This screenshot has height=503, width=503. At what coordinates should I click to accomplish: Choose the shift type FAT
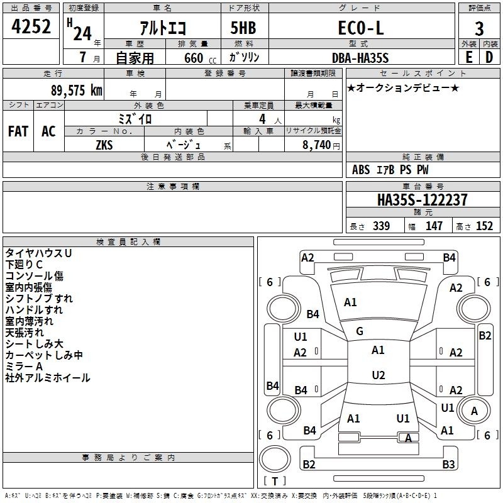click(18, 131)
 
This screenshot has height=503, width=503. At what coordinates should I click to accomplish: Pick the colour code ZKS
click(104, 145)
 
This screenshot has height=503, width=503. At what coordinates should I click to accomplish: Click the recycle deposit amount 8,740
click(317, 145)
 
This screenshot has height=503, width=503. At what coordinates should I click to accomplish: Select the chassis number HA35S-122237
click(422, 200)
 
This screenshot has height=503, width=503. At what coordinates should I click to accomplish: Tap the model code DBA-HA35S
click(360, 58)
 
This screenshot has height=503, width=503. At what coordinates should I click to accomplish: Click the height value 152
click(484, 226)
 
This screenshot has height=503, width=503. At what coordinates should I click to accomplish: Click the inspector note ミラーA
click(24, 367)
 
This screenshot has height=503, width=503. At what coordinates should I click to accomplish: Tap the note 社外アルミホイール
click(48, 378)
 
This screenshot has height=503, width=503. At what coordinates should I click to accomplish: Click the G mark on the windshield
click(360, 331)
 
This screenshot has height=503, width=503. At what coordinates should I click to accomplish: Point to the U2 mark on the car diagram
click(378, 375)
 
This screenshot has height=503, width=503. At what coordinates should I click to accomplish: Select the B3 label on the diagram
click(448, 464)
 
